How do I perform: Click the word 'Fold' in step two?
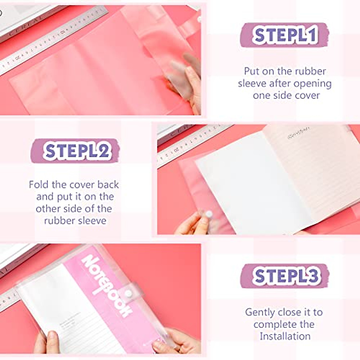pyautogui.click(x=39, y=184)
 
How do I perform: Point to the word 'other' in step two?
pyautogui.click(x=48, y=209)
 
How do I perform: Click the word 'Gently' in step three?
pyautogui.click(x=260, y=312)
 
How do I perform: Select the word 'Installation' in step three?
pyautogui.click(x=285, y=336)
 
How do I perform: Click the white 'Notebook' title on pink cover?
pyautogui.click(x=106, y=285)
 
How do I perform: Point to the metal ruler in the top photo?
pyautogui.click(x=51, y=39)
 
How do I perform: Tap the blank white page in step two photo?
pyautogui.click(x=249, y=186)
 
